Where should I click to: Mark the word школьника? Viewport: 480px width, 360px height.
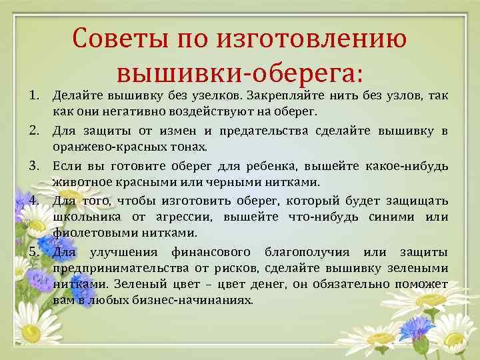click(87, 217)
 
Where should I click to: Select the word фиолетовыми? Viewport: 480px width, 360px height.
click(93, 233)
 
